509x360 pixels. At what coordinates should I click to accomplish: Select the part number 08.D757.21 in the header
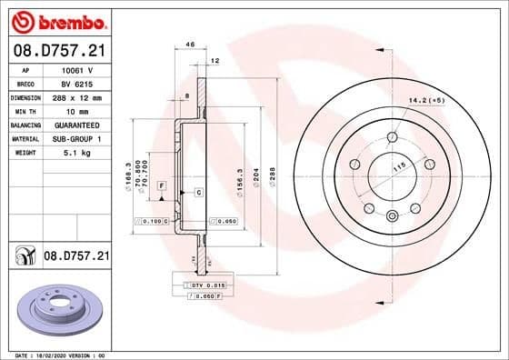pyautogui.click(x=56, y=48)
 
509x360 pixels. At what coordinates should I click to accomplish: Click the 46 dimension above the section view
pyautogui.click(x=191, y=44)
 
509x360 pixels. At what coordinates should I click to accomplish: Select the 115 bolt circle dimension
pyautogui.click(x=397, y=167)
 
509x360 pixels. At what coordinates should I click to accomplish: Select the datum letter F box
pyautogui.click(x=161, y=185)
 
